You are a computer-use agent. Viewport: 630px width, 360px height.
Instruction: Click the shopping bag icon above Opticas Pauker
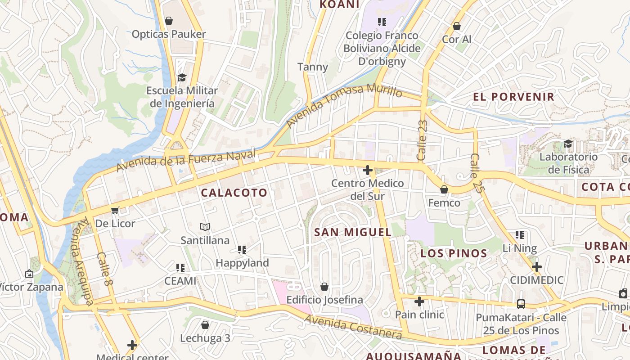click(169, 21)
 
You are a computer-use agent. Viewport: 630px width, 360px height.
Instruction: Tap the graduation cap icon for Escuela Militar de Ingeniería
click(182, 77)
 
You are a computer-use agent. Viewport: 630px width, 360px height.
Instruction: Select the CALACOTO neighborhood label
click(234, 193)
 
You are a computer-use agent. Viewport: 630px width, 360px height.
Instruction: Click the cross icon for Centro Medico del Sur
click(368, 170)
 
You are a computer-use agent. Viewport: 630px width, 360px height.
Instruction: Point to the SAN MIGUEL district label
click(352, 232)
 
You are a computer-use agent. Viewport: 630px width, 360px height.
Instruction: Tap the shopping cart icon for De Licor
click(115, 210)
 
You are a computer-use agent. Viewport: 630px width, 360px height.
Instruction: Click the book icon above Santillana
click(205, 227)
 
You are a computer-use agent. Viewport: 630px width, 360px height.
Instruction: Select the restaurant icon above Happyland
click(242, 249)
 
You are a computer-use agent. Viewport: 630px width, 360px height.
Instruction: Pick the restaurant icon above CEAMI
click(180, 268)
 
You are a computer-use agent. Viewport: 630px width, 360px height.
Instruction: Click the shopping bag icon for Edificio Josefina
click(324, 287)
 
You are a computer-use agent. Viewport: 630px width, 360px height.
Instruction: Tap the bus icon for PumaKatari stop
click(521, 304)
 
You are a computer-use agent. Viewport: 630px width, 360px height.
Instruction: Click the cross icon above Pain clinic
click(419, 301)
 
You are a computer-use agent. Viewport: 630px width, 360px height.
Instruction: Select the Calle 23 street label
click(422, 140)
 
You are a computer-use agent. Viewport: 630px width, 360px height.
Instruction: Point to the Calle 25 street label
click(477, 174)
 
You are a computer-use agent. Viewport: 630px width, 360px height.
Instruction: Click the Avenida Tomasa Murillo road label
click(344, 105)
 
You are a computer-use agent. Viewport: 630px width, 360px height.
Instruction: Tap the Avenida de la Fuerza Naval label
click(186, 161)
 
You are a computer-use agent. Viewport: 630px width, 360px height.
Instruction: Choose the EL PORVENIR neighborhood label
click(513, 97)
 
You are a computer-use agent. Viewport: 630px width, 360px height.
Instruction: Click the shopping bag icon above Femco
click(444, 189)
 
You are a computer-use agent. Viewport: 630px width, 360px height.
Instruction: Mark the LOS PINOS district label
click(454, 253)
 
